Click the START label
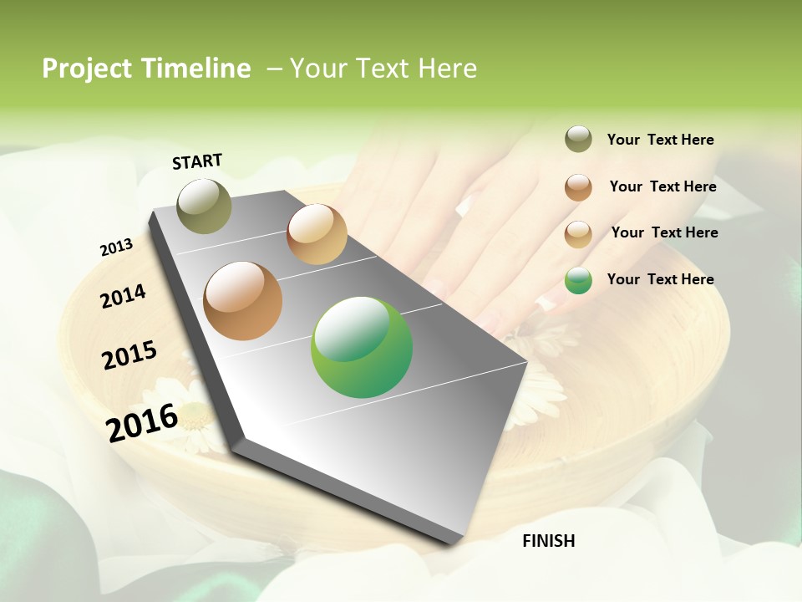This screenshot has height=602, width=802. [197, 161]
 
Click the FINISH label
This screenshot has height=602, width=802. [548, 541]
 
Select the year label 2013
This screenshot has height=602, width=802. [116, 247]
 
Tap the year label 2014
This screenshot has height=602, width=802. [123, 296]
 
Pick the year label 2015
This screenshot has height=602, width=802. [129, 355]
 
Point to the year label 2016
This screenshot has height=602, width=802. [142, 422]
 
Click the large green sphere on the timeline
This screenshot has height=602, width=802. [362, 347]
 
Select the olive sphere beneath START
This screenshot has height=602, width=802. [204, 206]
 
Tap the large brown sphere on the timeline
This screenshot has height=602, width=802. [242, 301]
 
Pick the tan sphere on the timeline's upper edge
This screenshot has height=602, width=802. [317, 234]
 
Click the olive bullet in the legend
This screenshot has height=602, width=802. [578, 140]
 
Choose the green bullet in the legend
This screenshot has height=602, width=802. [578, 280]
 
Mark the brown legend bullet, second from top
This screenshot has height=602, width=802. [578, 187]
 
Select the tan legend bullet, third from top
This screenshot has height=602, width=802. [578, 234]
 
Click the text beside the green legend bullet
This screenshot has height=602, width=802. [660, 279]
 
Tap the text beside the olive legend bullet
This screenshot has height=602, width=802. [660, 140]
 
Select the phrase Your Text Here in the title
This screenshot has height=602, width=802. [383, 69]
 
